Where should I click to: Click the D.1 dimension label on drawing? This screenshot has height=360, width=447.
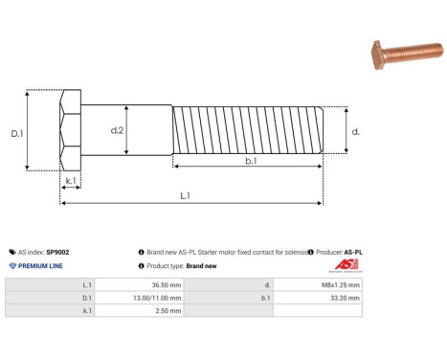click(x=17, y=133)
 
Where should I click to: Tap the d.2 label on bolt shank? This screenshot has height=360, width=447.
click(x=117, y=129)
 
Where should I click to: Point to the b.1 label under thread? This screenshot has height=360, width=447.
click(x=250, y=161)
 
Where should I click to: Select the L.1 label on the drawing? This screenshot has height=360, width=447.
click(x=185, y=195)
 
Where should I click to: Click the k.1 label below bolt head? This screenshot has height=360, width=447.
click(x=71, y=181)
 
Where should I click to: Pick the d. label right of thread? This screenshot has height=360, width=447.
click(x=355, y=131)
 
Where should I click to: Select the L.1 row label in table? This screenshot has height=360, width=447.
click(x=87, y=285)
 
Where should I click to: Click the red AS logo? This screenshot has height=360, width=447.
click(x=346, y=265)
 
